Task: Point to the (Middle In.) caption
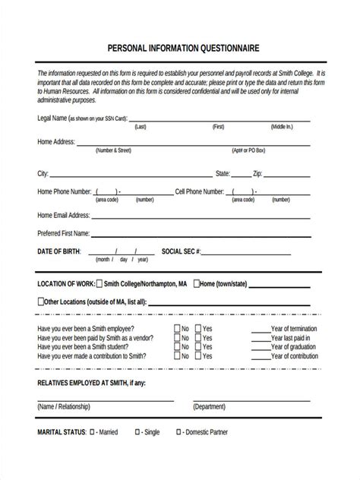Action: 281,127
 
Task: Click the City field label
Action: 43,173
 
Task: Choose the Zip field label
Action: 257,173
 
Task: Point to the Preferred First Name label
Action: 64,233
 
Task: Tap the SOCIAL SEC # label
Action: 181,251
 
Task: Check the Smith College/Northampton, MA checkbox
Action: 99,284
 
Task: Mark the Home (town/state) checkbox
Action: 196,284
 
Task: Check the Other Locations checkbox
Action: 41,302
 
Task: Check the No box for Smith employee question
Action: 177,329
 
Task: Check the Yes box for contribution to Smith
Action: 197,355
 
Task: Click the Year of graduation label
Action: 295,346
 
